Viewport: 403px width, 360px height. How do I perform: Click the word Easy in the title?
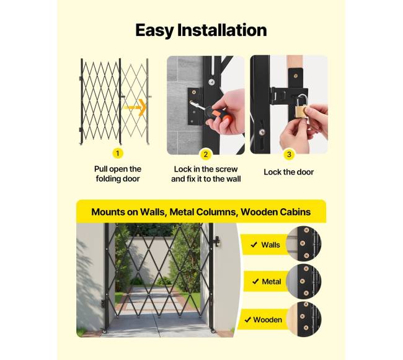coord(155,30)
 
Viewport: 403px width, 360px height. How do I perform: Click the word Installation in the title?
coord(222,30)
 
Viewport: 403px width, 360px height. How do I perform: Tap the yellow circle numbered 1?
coord(118,153)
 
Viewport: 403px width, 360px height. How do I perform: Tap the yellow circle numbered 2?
coord(205,154)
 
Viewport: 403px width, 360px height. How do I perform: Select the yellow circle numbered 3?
coord(289,154)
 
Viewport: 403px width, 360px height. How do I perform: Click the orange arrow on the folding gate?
coord(135,107)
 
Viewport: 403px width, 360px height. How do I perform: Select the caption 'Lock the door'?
coord(289,172)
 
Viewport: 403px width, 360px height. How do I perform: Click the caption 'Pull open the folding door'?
coord(118,174)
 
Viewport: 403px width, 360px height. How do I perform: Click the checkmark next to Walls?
coord(254,245)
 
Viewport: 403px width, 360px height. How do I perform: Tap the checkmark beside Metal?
coord(255,282)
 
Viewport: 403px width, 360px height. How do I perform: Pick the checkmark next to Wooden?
coord(248,320)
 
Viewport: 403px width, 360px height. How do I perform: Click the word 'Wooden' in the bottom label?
coord(268,320)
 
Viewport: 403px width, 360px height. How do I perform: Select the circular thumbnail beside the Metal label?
coord(304,281)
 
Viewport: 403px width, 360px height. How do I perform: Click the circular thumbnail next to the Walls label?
coord(304,244)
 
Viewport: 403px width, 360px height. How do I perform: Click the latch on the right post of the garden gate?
coord(217,242)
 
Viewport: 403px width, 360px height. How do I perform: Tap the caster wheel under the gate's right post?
coord(213,331)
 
